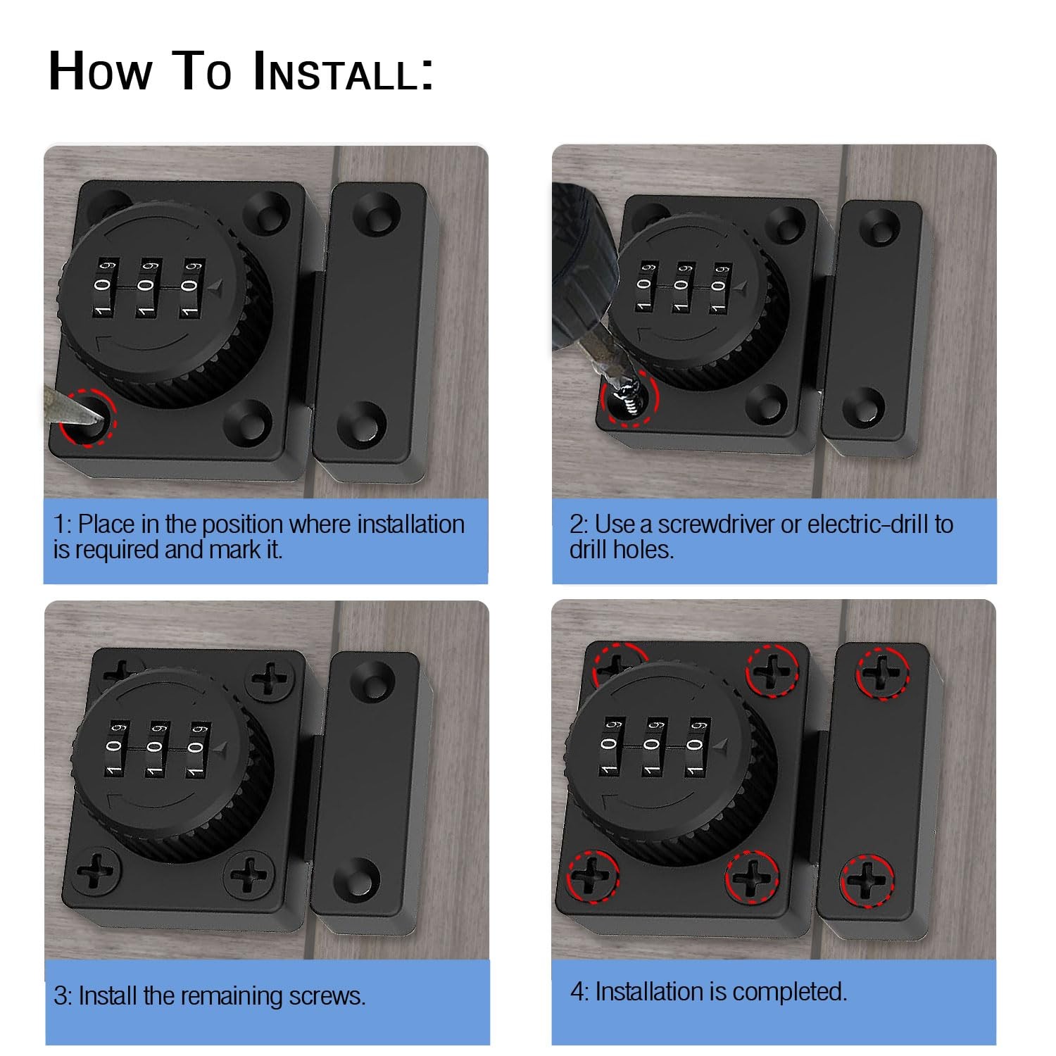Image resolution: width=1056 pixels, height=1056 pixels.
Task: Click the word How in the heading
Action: click(100, 72)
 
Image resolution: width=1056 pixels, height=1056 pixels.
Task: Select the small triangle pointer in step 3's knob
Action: click(221, 748)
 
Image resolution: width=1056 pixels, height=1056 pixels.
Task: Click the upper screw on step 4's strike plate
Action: click(882, 672)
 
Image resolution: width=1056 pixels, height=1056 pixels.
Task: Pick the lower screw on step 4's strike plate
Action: click(867, 880)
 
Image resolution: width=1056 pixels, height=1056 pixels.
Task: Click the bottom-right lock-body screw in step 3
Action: click(249, 875)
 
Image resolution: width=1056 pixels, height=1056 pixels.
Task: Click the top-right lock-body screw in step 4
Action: click(772, 671)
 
